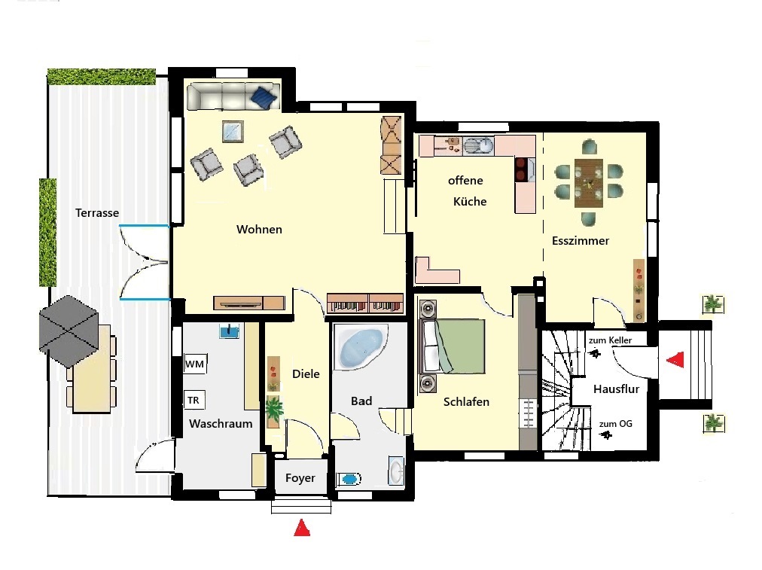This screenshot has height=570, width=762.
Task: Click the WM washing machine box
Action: pos(195,364)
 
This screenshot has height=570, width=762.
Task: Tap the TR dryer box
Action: pos(194,401)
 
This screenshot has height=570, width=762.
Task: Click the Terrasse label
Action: pos(97,213)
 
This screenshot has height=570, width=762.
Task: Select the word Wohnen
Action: pos(259,230)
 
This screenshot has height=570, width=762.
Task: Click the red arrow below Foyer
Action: pos(302,528)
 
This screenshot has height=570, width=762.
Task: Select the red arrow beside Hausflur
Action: pos(675,359)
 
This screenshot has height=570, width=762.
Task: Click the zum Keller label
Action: pos(610,340)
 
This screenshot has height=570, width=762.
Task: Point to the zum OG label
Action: pos(616,424)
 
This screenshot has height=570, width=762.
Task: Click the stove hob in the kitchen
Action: pos(521,170)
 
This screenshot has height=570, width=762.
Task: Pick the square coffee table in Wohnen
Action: pos(233,131)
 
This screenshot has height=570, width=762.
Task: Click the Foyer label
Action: pos(300,478)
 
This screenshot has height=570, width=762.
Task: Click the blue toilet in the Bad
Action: pos(349,479)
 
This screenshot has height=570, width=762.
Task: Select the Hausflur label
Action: pos(616,389)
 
